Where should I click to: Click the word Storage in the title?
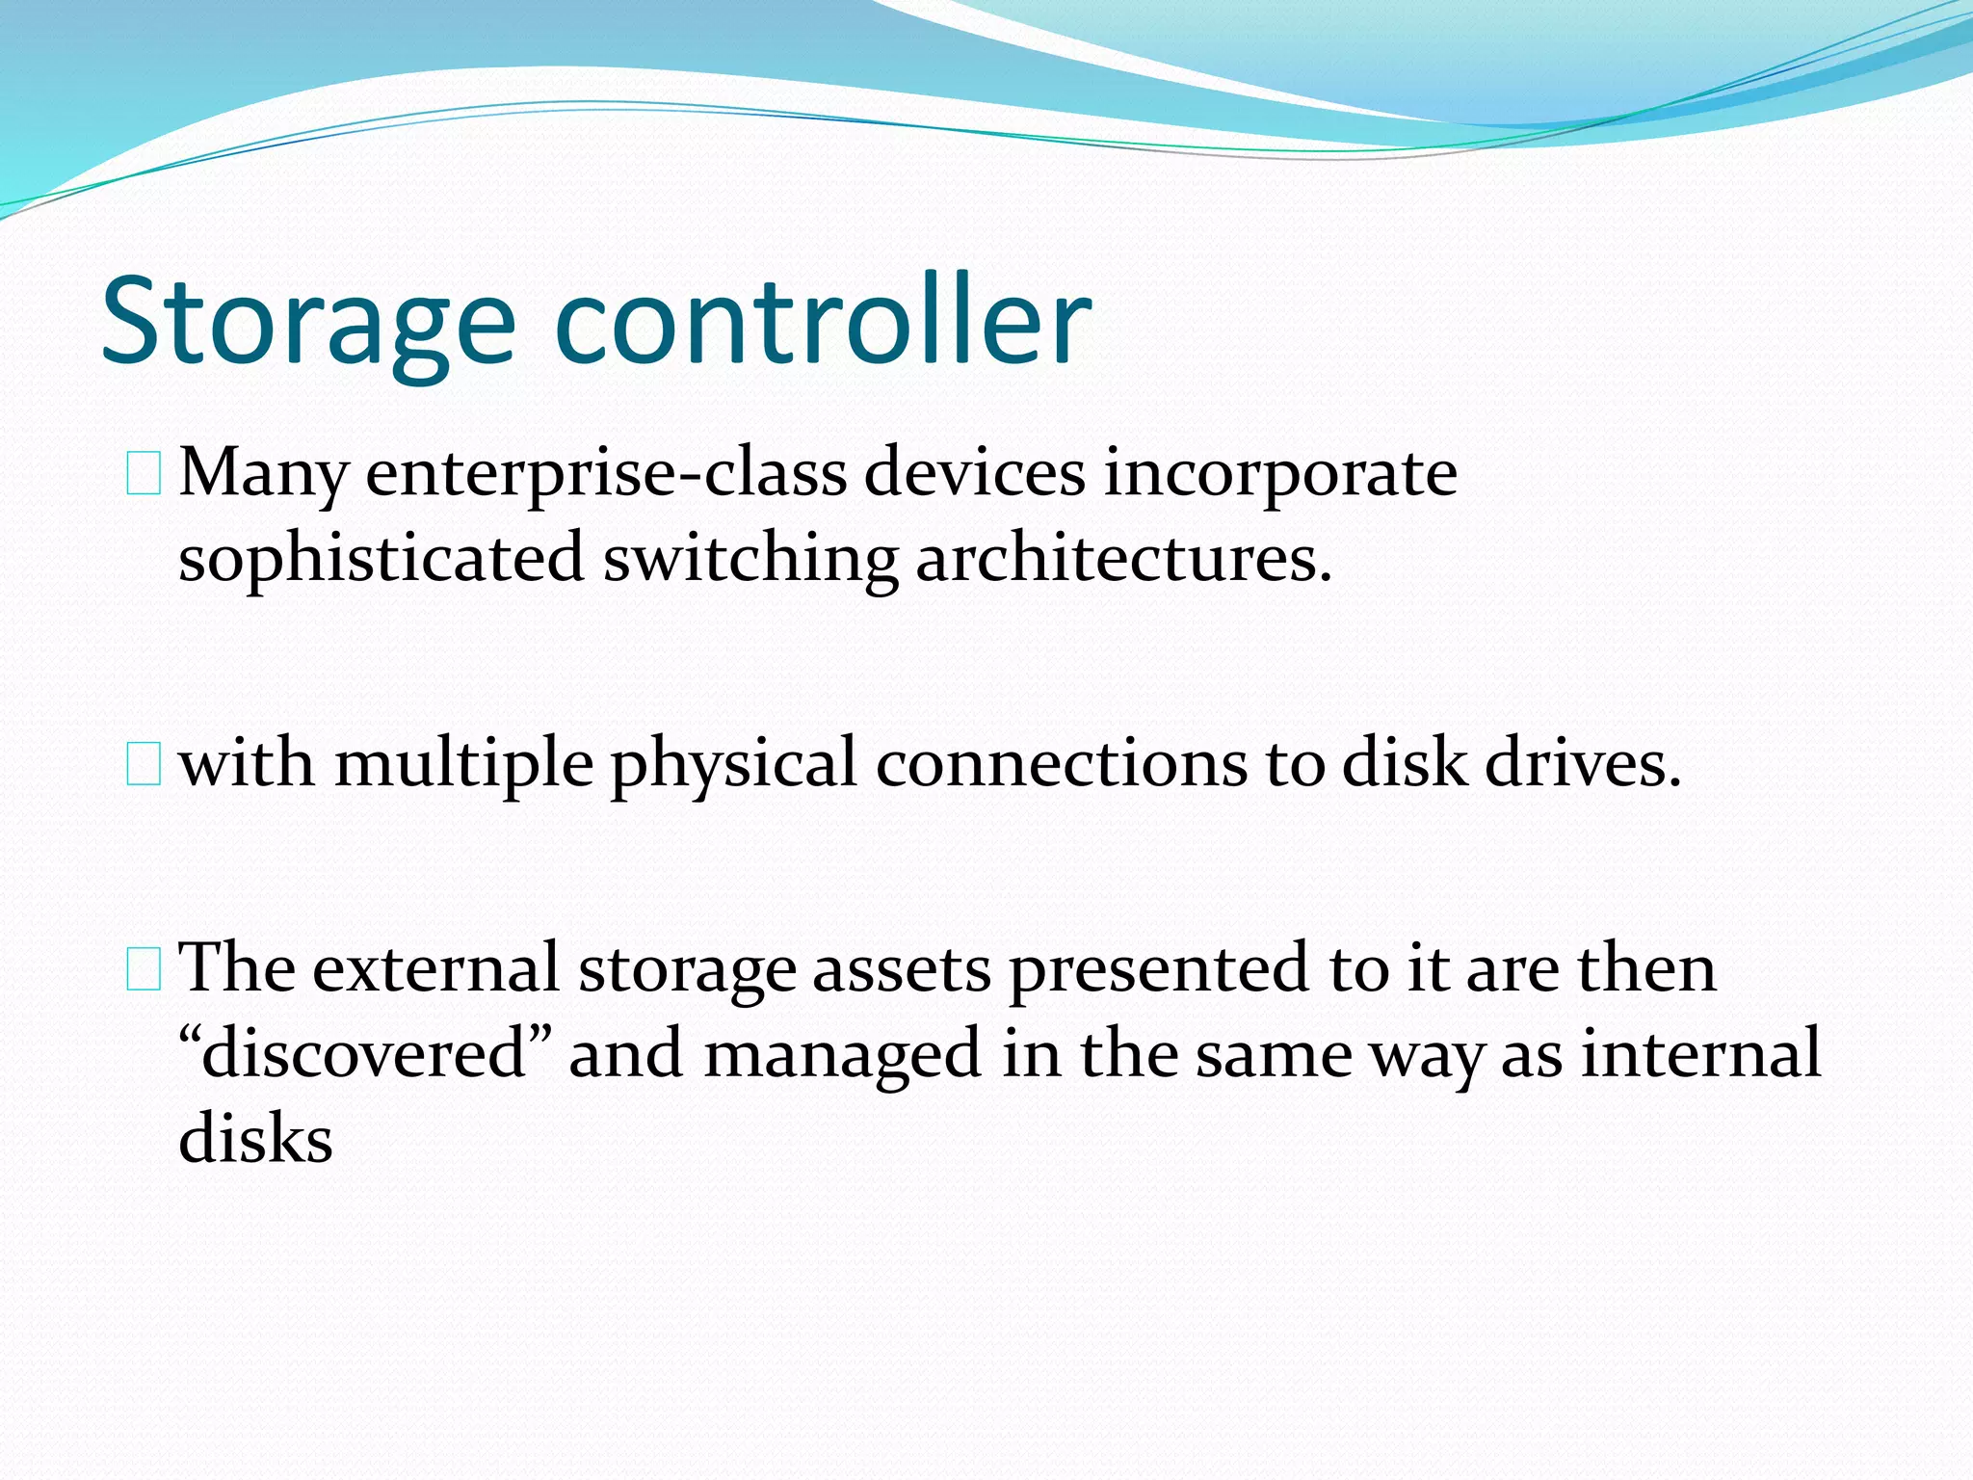coord(308,323)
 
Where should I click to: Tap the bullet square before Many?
coord(144,476)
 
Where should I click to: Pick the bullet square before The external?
coord(144,971)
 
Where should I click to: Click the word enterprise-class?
coord(606,474)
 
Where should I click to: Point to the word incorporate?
coord(1279,474)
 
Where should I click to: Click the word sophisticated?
coord(381,559)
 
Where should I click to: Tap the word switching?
coord(750,559)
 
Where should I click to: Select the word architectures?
coord(1123,559)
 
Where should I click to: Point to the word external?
coord(435,969)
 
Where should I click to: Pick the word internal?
coord(1700,1054)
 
